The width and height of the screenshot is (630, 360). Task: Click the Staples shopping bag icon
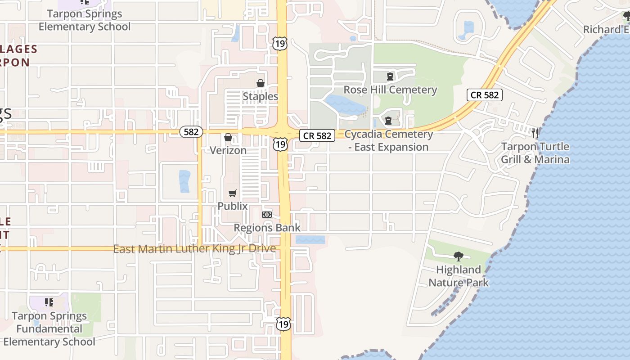pyautogui.click(x=260, y=83)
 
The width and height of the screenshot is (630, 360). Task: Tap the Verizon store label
pyautogui.click(x=228, y=150)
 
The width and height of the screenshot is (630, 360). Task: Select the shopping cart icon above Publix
pyautogui.click(x=232, y=193)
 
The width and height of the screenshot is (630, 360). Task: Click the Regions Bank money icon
pyautogui.click(x=267, y=215)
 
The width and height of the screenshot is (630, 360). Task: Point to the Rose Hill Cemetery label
pyautogui.click(x=390, y=90)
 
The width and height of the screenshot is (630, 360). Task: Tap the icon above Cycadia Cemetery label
pyautogui.click(x=388, y=121)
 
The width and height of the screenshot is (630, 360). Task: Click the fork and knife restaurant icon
pyautogui.click(x=535, y=133)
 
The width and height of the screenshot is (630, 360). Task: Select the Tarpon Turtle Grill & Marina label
pyautogui.click(x=535, y=153)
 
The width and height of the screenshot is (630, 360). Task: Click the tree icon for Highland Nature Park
pyautogui.click(x=459, y=256)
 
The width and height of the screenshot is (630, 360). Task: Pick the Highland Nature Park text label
pyautogui.click(x=459, y=276)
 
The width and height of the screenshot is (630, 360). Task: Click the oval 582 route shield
pyautogui.click(x=191, y=132)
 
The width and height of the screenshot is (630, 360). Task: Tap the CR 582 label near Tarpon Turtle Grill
pyautogui.click(x=484, y=95)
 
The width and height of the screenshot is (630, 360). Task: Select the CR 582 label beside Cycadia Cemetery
pyautogui.click(x=317, y=135)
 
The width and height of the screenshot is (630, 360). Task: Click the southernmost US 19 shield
pyautogui.click(x=283, y=324)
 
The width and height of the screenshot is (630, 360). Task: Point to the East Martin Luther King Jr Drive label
pyautogui.click(x=194, y=249)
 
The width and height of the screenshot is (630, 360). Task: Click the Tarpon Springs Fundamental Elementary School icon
pyautogui.click(x=49, y=302)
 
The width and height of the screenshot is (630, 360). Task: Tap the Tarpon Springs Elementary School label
pyautogui.click(x=85, y=20)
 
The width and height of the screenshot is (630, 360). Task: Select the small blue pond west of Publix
pyautogui.click(x=184, y=181)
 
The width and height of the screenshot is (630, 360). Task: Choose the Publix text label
pyautogui.click(x=233, y=206)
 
